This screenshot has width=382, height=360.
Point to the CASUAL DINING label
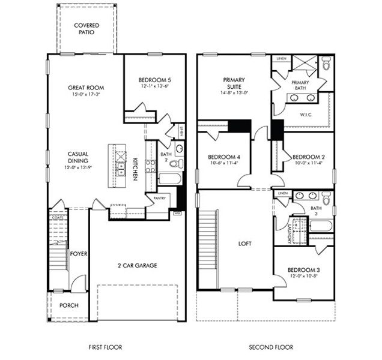78,157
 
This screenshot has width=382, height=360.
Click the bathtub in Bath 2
168,179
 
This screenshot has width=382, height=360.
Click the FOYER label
79,254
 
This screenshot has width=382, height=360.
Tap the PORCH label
68,305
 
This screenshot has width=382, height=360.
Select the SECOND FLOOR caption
271,347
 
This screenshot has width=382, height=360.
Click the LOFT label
244,244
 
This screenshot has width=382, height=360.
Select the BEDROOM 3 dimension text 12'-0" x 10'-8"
303,277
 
